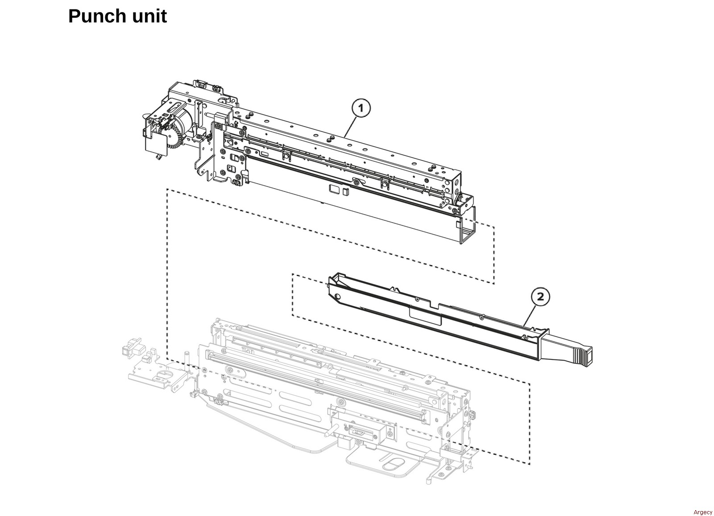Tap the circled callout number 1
[361, 108]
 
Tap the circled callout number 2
[540, 297]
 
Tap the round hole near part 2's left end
[337, 297]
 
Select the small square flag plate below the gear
[153, 145]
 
